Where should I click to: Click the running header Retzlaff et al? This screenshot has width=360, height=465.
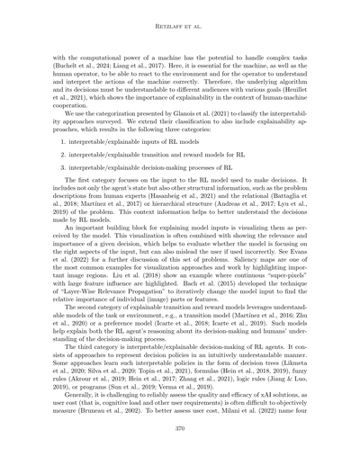click(179, 14)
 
